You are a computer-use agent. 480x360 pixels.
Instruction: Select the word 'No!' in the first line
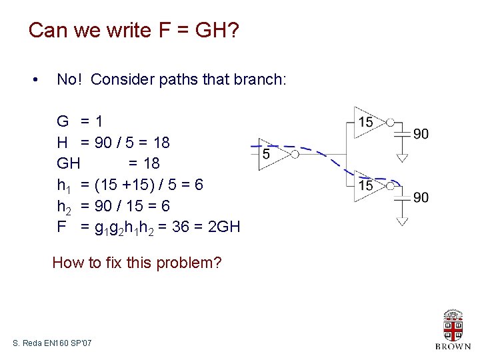[x=71, y=80]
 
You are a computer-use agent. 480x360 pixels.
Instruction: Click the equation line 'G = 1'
[x=80, y=121]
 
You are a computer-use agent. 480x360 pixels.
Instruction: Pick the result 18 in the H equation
[x=161, y=142]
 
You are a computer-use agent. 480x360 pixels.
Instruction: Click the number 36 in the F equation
[x=181, y=227]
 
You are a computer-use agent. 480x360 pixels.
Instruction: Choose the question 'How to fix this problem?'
[x=137, y=262]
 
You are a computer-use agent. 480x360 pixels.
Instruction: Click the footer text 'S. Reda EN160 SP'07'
[x=53, y=343]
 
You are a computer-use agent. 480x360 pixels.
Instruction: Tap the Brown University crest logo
[x=453, y=327]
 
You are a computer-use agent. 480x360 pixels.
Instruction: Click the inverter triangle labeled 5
[x=272, y=154]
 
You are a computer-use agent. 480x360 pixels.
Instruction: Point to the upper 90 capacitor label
[x=421, y=134]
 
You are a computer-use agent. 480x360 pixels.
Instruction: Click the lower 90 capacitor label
[x=421, y=197]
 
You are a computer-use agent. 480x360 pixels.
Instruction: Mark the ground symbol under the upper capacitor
[x=402, y=158]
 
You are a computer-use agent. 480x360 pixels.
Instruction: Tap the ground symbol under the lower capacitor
[x=402, y=221]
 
